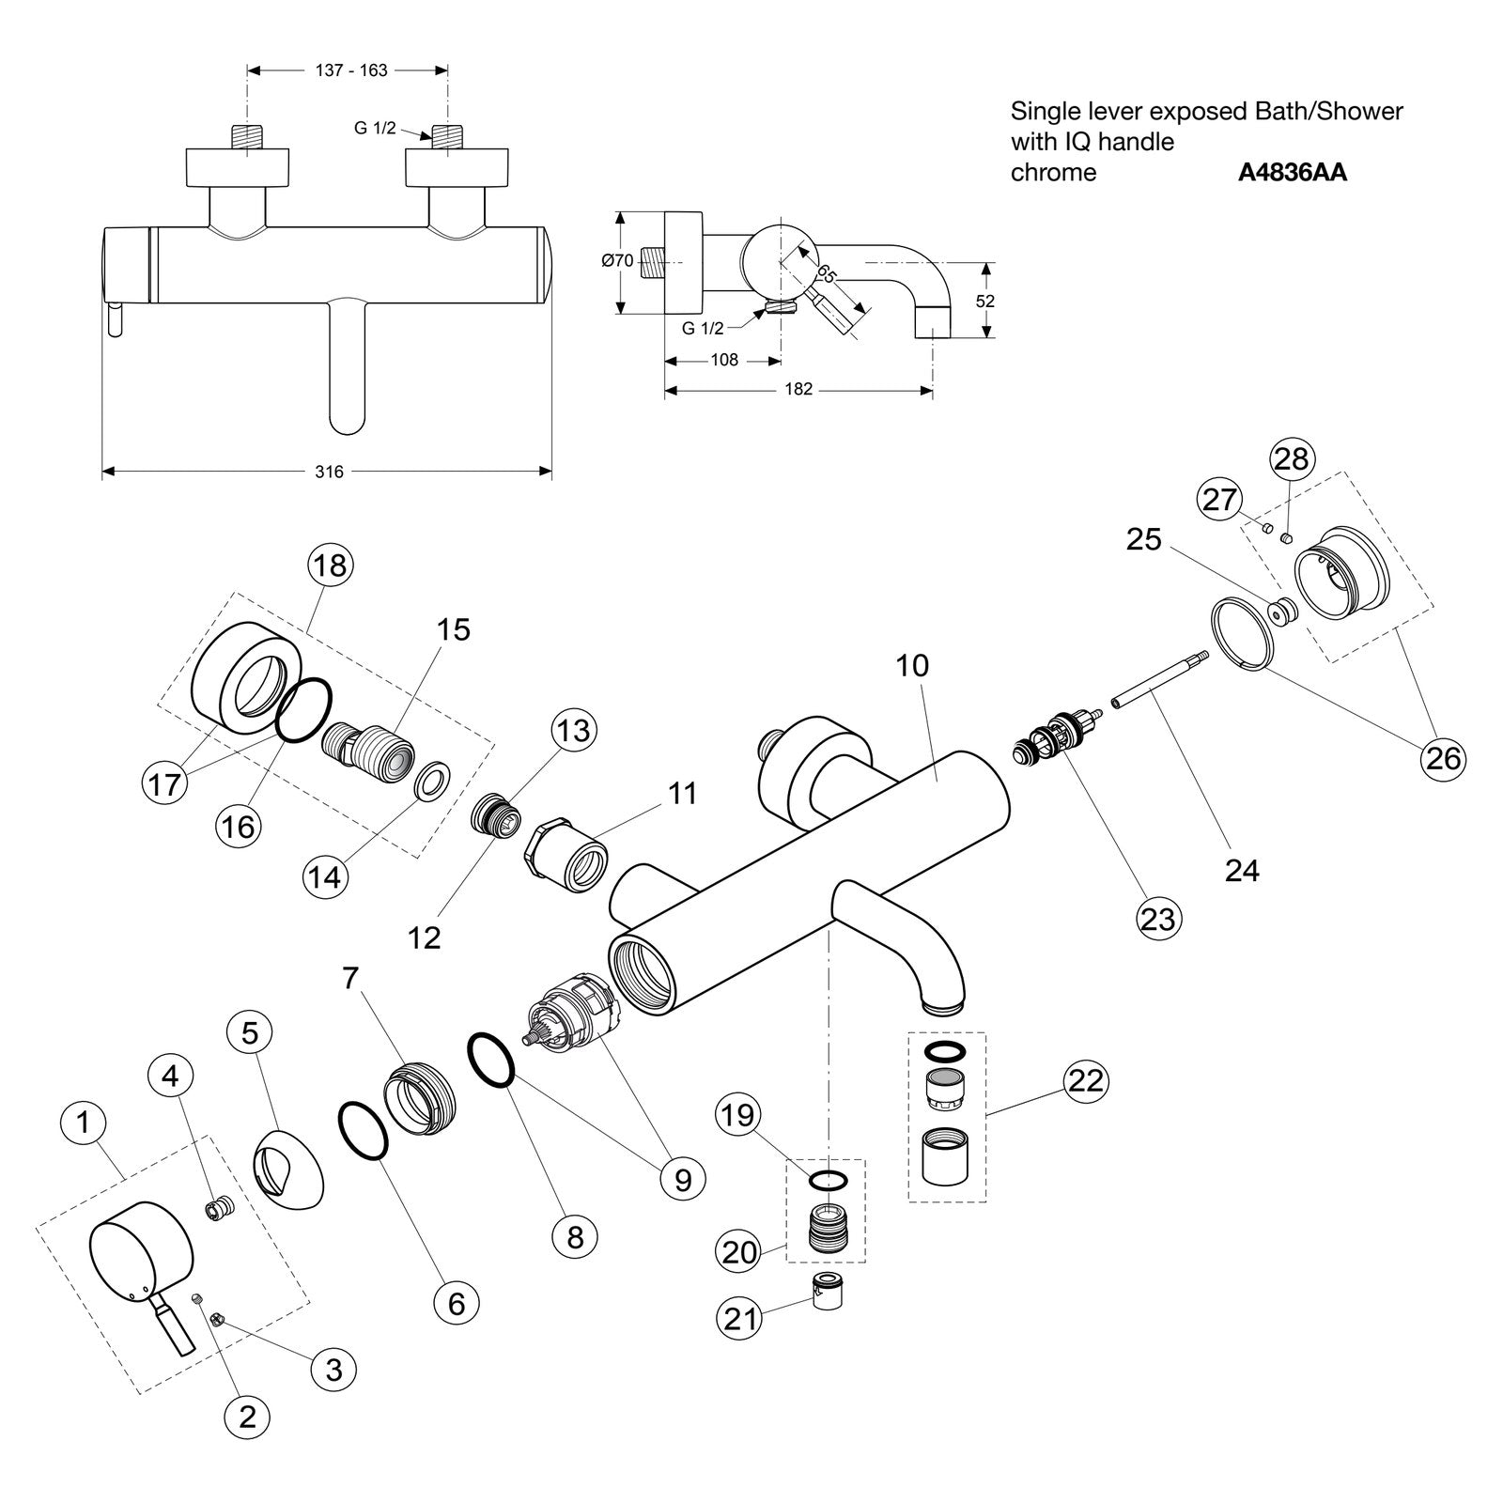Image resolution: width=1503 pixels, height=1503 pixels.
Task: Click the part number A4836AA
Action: [1292, 173]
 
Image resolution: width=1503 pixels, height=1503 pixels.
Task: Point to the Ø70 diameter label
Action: [617, 261]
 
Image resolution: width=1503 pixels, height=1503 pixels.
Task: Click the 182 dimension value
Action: [798, 389]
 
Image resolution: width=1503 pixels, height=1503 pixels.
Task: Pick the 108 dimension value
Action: [724, 360]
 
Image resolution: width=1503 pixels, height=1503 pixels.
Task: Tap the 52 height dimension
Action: [984, 302]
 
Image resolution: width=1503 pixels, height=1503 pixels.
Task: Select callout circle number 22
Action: [1085, 1080]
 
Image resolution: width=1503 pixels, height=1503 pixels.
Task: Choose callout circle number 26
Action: [1444, 757]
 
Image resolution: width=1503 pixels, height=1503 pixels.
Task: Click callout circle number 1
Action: [84, 1122]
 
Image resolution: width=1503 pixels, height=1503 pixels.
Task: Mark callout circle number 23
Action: [1157, 917]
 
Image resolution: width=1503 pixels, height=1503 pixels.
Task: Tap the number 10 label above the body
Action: [912, 665]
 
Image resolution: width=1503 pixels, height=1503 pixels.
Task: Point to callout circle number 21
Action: [741, 1318]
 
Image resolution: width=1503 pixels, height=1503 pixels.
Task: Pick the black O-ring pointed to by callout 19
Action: [828, 1181]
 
